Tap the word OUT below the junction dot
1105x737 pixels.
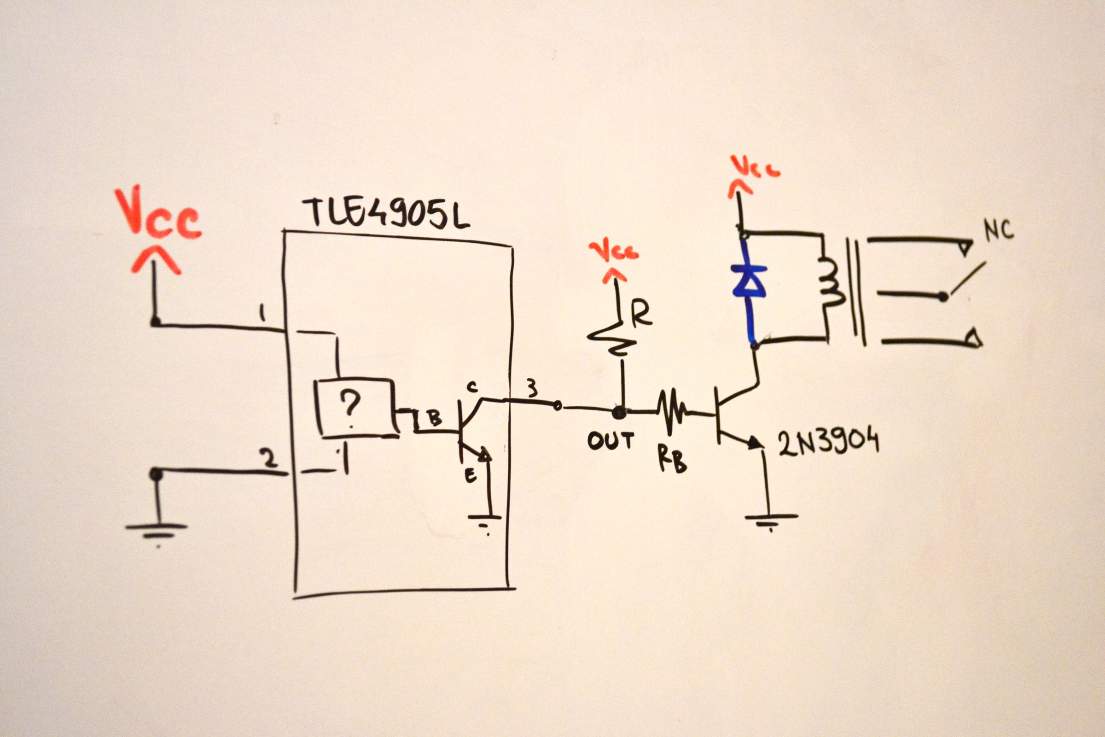611,441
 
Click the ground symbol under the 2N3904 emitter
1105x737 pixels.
771,519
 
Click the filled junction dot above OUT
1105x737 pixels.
619,412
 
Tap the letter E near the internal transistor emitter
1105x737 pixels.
470,476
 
